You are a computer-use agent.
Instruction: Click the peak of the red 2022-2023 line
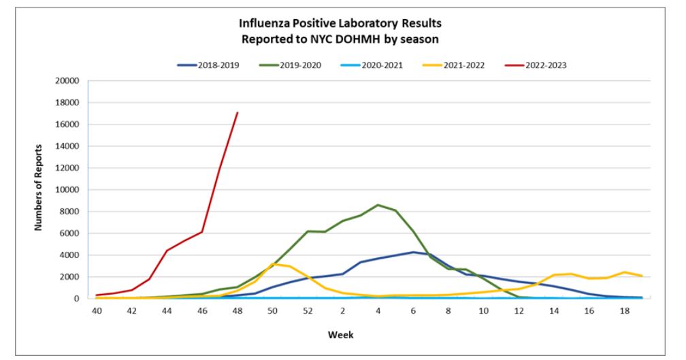tap(237, 112)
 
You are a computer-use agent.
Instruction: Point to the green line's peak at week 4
tap(378, 205)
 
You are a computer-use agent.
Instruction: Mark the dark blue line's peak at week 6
tap(413, 252)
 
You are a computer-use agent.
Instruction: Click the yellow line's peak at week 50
tap(272, 263)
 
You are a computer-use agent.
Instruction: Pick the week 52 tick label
tap(307, 310)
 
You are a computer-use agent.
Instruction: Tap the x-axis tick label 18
tap(624, 310)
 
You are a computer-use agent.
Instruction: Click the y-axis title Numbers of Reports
tap(40, 187)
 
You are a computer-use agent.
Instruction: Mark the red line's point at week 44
tap(167, 250)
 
